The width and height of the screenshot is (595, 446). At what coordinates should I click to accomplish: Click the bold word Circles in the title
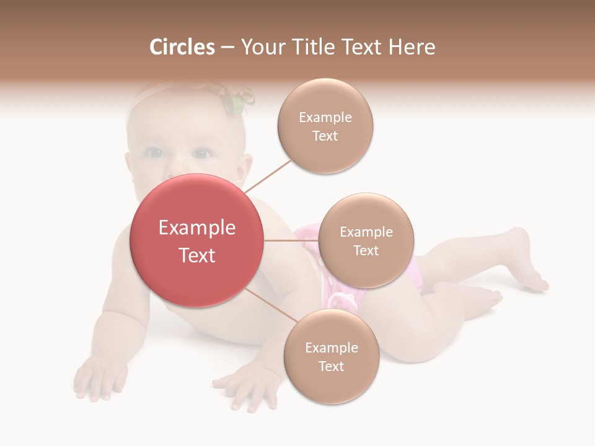click(x=182, y=47)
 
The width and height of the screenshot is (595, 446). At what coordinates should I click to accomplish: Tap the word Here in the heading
click(x=412, y=47)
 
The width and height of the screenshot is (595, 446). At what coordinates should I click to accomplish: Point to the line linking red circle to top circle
click(x=268, y=176)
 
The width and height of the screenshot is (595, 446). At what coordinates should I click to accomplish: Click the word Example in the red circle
click(x=197, y=228)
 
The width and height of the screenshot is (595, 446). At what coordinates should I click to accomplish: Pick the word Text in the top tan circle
click(x=325, y=136)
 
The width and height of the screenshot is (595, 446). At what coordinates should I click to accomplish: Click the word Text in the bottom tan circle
click(x=331, y=367)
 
